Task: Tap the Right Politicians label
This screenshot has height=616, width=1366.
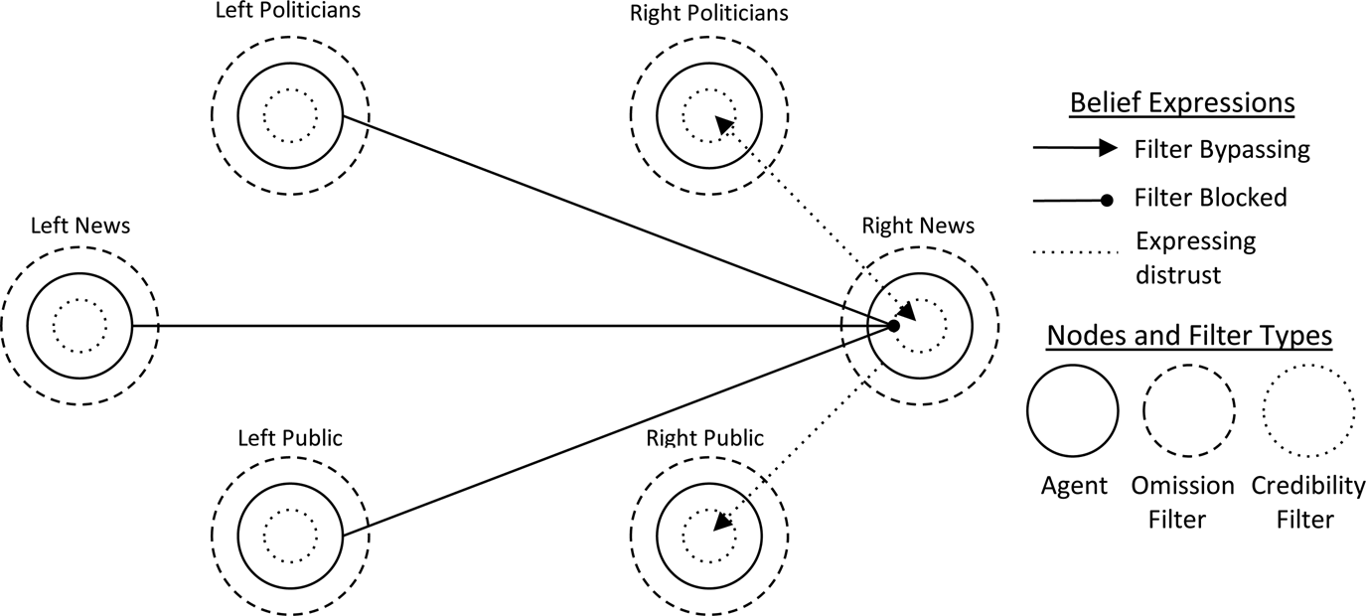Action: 709,14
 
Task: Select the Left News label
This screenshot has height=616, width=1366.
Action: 79,227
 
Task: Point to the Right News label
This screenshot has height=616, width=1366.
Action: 918,227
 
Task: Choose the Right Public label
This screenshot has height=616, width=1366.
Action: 705,438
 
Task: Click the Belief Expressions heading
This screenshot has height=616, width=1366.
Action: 1181,103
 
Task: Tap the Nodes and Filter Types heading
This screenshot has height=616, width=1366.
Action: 1190,337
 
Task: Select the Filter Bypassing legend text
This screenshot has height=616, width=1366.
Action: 1222,150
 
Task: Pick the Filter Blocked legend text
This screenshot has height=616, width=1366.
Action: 1210,198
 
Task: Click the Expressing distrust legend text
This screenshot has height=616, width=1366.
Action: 1195,256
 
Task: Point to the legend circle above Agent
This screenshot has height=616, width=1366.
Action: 1074,409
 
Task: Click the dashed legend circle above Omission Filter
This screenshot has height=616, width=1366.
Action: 1189,409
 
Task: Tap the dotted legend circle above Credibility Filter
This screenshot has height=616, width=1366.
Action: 1308,409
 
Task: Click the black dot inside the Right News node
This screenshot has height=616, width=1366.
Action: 893,325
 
